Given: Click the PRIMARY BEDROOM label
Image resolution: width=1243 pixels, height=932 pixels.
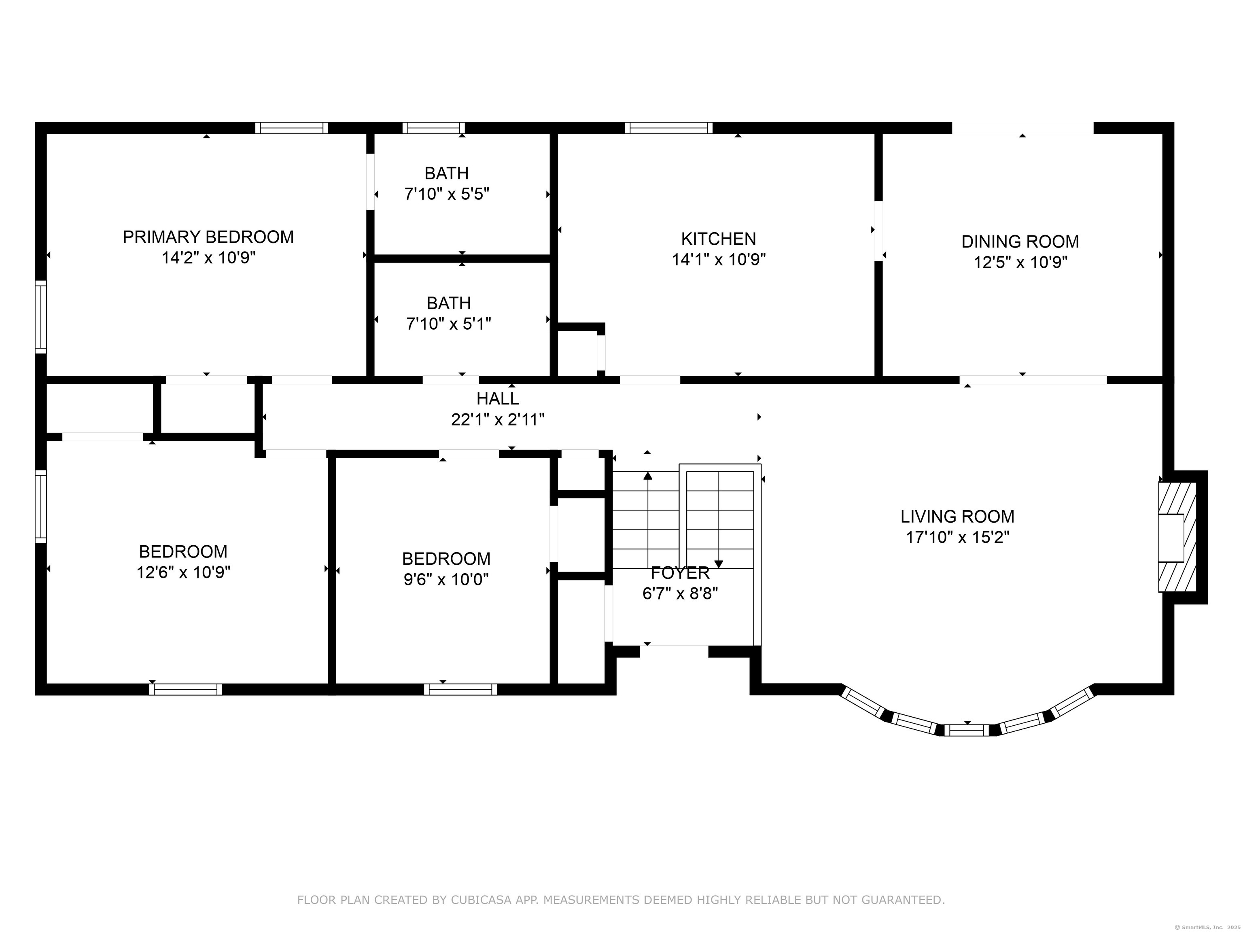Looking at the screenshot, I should tap(208, 237).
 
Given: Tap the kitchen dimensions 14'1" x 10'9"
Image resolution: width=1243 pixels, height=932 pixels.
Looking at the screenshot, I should tap(719, 260).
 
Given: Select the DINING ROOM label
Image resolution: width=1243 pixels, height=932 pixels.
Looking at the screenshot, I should tap(1020, 241).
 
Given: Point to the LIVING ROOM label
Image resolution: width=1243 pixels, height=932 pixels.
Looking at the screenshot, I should tap(957, 516).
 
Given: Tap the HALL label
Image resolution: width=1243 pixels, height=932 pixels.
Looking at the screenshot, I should tap(497, 398).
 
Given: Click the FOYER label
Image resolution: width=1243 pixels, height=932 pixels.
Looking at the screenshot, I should tap(680, 573).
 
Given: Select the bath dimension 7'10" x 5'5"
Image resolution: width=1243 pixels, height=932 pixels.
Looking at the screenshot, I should tap(447, 195).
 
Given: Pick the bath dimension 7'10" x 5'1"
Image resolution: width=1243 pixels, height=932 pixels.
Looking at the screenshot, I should tap(448, 324).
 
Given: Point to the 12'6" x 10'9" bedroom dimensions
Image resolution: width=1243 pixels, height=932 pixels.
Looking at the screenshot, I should tap(183, 572).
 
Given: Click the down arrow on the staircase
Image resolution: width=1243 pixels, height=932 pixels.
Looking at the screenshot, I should tap(719, 563).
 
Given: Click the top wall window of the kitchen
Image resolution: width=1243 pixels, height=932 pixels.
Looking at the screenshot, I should tap(668, 128).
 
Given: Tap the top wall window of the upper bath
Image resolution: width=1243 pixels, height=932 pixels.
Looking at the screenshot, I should tap(433, 128).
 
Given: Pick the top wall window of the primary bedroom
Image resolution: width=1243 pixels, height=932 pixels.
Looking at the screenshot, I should tap(292, 128).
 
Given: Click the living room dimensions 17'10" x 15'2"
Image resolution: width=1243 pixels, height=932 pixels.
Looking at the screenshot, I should tap(957, 537).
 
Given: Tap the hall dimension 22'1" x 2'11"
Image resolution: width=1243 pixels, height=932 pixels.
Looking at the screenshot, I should tap(497, 419).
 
